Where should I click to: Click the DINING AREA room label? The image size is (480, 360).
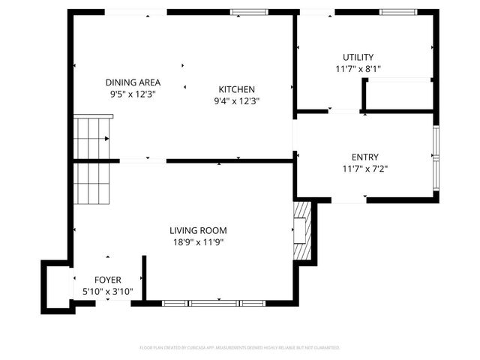click(133, 82)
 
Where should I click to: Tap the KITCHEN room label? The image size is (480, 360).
click(236, 88)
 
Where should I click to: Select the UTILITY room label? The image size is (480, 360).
click(358, 57)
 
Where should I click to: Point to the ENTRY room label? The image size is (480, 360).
click(365, 157)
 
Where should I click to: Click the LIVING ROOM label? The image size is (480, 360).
click(198, 230)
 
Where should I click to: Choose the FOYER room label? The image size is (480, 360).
click(107, 279)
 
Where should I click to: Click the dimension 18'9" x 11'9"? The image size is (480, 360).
click(198, 242)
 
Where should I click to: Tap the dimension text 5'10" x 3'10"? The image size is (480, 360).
click(107, 290)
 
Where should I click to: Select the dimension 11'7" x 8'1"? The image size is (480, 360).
click(358, 69)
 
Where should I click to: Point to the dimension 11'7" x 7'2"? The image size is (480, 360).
click(365, 169)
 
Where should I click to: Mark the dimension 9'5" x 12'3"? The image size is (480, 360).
click(133, 94)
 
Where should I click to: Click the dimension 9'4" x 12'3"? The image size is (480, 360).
click(236, 100)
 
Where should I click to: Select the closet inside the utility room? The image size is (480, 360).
click(398, 94)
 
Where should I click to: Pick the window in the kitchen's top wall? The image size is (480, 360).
click(249, 12)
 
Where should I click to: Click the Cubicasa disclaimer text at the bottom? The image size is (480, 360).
click(240, 348)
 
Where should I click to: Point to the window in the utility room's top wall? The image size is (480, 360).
click(398, 12)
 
